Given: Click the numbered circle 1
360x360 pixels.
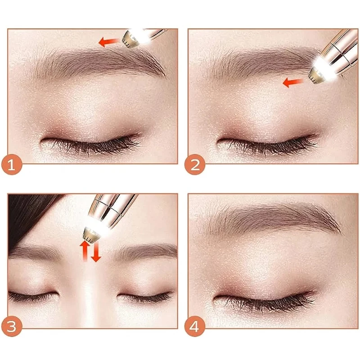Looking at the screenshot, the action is tap(12, 165).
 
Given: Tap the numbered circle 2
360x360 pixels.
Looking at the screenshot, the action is tap(195, 165).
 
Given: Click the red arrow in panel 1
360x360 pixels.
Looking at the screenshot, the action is tap(108, 42).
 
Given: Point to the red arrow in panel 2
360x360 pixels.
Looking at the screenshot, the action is tap(293, 82).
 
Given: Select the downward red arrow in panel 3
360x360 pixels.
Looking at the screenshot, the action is tap(96, 251).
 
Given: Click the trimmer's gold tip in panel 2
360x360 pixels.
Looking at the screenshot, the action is tap(317, 75).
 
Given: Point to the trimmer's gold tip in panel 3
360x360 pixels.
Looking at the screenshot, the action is tap(91, 234).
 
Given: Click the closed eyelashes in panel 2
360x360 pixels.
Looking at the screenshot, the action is tap(267, 144).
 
